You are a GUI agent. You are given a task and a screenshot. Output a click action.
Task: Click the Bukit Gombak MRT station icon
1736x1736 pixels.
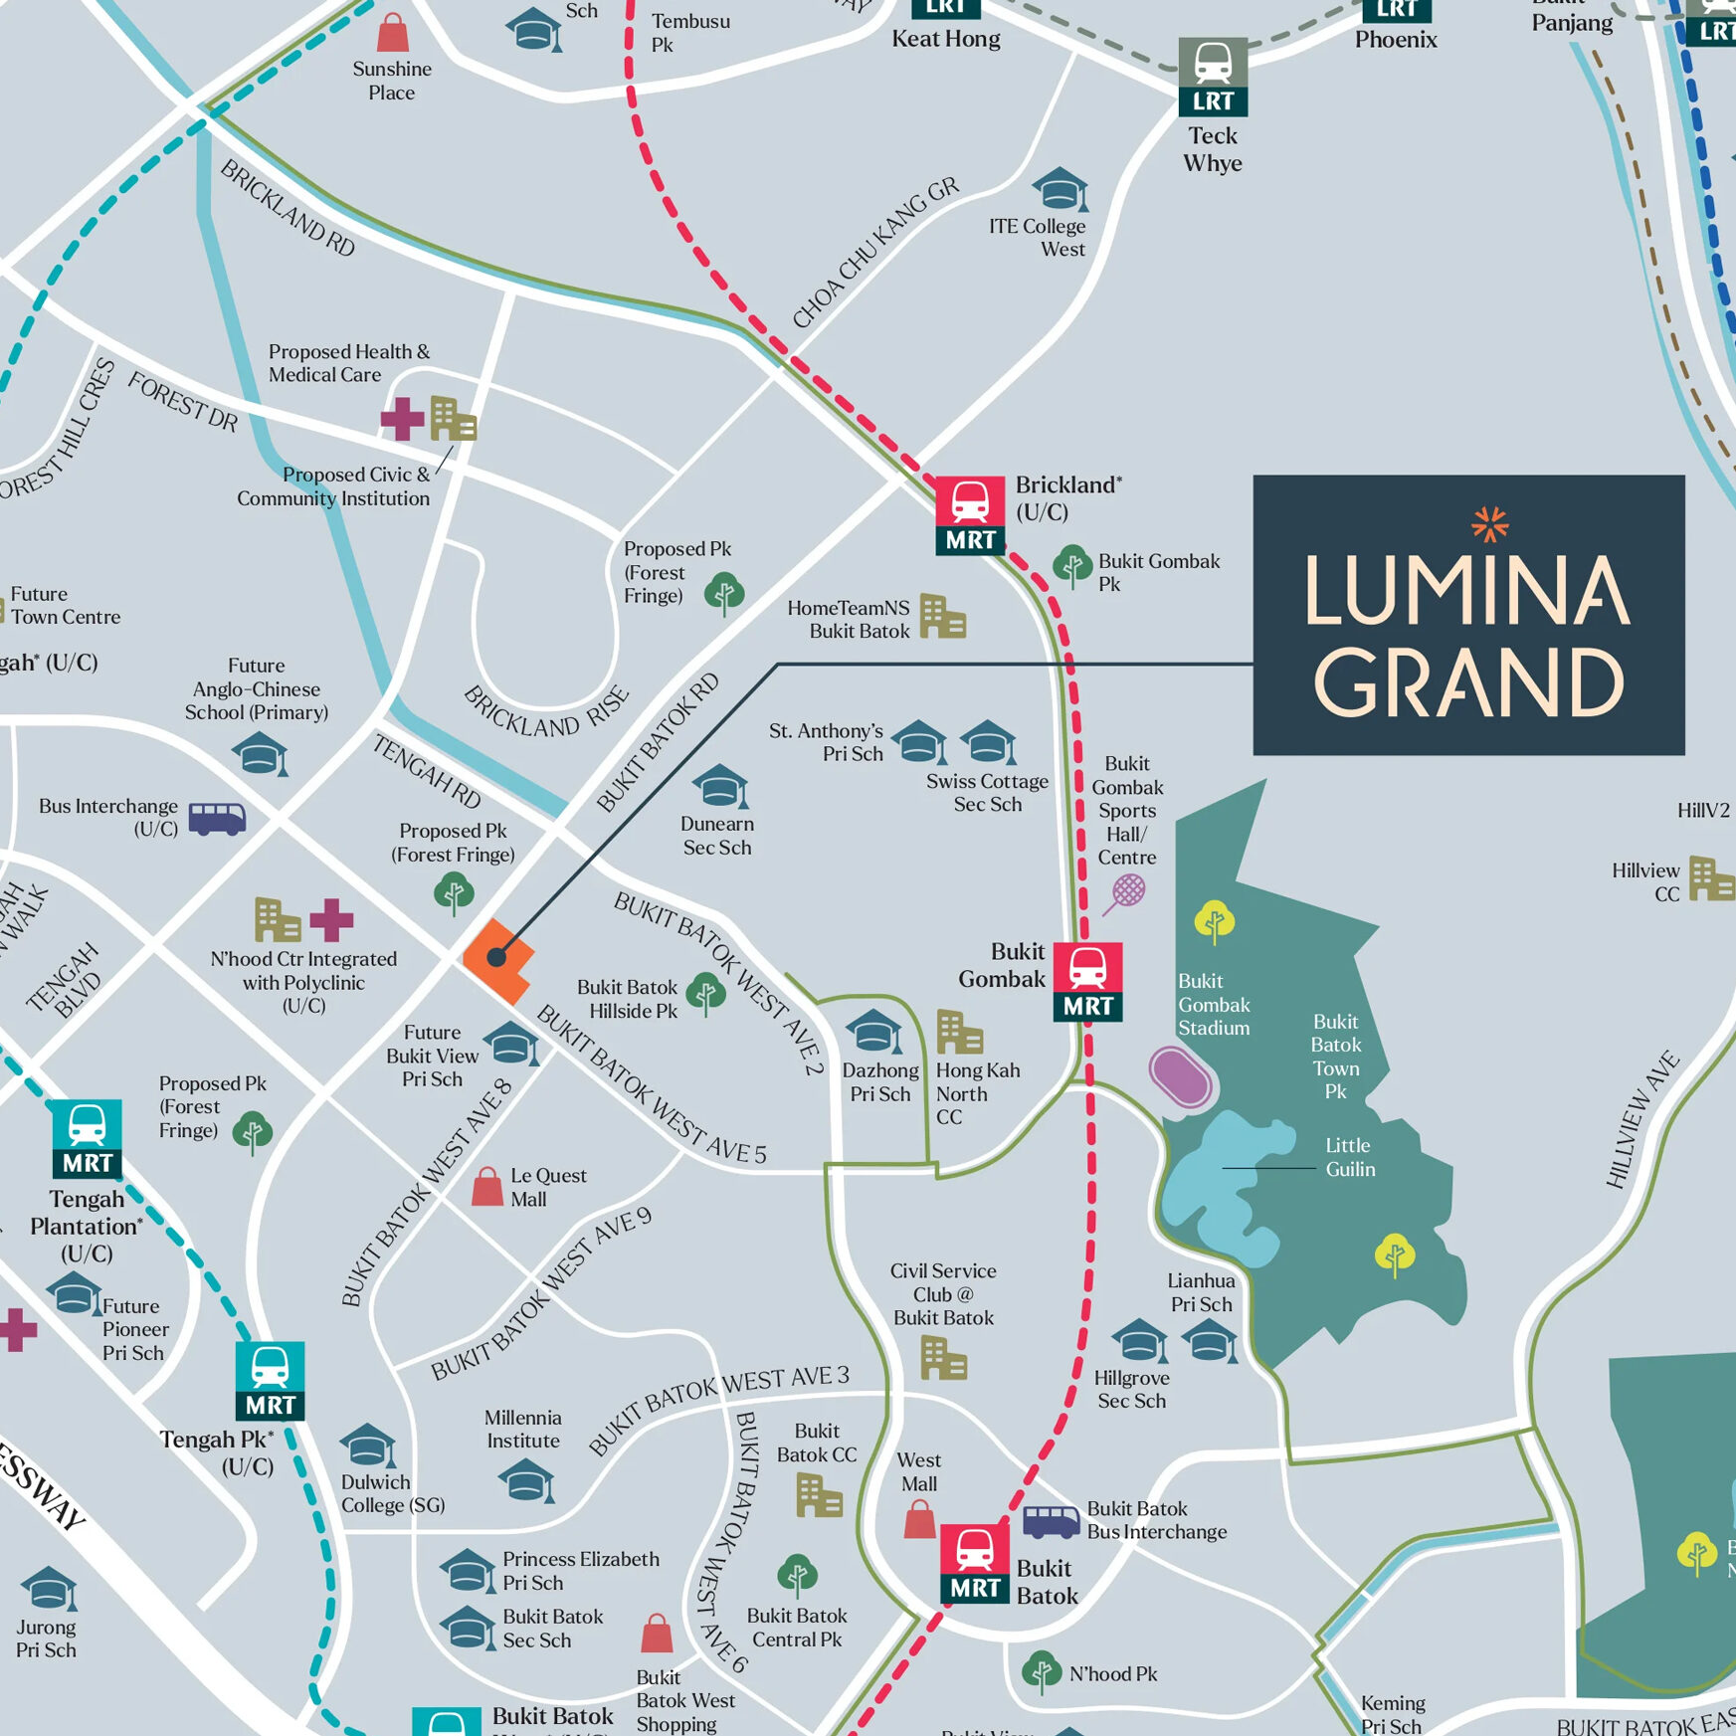[x=1087, y=981]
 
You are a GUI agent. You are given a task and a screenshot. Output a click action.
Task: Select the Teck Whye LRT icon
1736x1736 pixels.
[x=1213, y=77]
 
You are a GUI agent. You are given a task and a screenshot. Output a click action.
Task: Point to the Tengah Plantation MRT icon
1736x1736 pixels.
[x=88, y=1138]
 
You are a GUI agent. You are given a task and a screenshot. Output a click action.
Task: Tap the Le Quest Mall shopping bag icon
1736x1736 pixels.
[x=486, y=1186]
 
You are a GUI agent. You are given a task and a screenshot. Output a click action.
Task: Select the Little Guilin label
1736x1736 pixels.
[x=1349, y=1157]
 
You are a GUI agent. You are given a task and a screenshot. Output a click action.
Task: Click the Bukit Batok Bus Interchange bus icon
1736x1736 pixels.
[x=1052, y=1521]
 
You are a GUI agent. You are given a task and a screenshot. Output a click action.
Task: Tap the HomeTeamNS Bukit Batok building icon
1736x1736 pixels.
[x=941, y=617]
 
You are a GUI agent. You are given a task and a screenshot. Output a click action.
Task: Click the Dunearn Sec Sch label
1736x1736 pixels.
[x=717, y=836]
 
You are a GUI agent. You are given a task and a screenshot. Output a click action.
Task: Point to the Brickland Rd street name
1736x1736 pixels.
[x=288, y=208]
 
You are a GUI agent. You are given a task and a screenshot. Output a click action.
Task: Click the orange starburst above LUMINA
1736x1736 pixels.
[x=1489, y=523]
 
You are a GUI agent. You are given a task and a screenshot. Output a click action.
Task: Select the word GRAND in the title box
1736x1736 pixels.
[x=1468, y=682]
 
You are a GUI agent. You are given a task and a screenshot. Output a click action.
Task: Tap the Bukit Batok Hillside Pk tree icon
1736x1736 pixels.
[x=705, y=994]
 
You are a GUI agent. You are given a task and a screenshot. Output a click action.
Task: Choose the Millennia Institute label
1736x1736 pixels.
[x=523, y=1429]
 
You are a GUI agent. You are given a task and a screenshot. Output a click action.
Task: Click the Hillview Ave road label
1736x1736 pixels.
[x=1641, y=1119]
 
